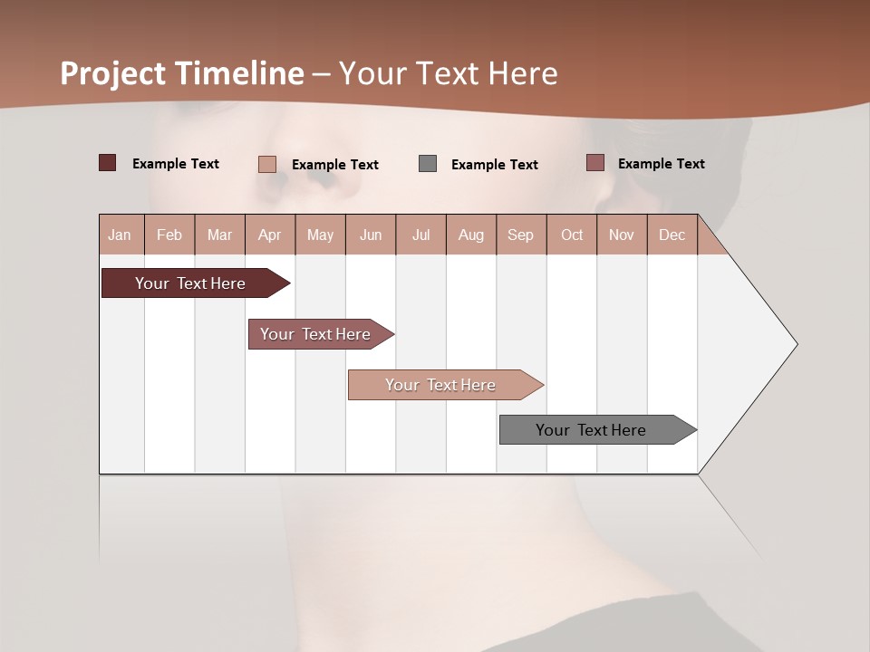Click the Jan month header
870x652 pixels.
pos(121,235)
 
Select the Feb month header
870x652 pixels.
pos(169,235)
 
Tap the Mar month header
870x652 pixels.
pos(219,235)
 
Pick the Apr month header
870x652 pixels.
pos(270,235)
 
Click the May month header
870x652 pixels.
pos(320,235)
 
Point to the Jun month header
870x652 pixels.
pos(371,235)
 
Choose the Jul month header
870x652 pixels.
pos(420,235)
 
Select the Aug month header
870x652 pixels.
pos(471,235)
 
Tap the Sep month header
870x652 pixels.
pos(521,235)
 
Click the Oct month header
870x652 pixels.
pos(572,235)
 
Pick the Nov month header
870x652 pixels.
pos(622,235)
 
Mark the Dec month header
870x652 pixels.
pos(672,235)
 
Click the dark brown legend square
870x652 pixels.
pos(108,163)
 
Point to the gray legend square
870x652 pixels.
pos(428,164)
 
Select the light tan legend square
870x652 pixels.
pos(267,164)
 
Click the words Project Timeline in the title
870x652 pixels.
pos(182,73)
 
